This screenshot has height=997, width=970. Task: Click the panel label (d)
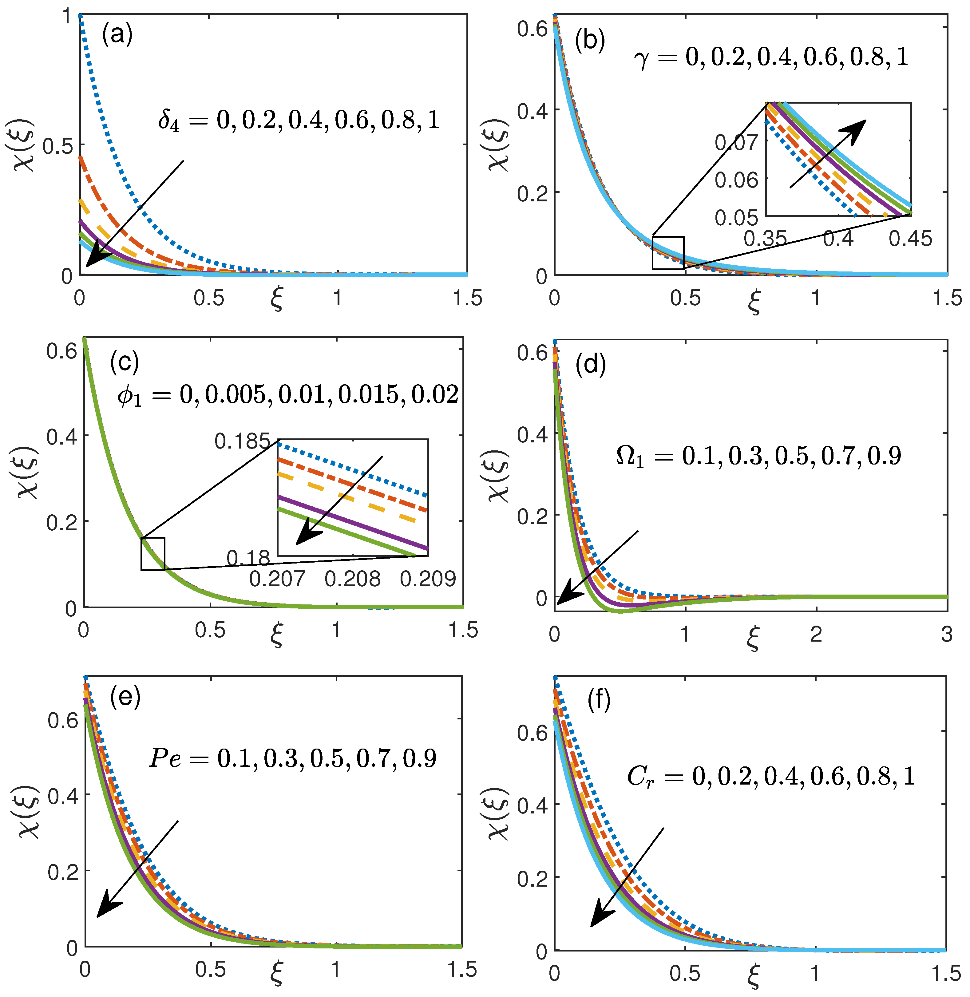click(591, 365)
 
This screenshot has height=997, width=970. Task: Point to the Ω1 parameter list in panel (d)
click(758, 455)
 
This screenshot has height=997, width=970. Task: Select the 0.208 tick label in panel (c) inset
click(353, 579)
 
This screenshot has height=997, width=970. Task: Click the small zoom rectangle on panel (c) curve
click(153, 554)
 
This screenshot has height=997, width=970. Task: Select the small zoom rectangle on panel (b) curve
click(668, 253)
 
